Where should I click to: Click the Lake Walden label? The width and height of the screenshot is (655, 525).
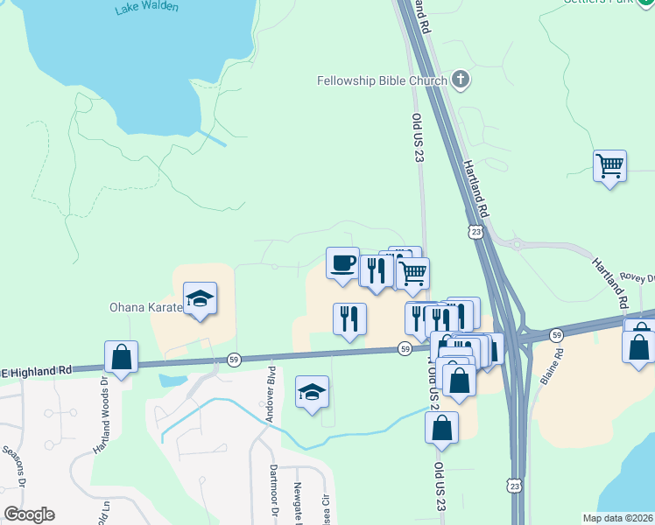146,8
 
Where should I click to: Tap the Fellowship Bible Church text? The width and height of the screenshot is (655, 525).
383,81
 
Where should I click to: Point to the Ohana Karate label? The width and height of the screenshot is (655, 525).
145,307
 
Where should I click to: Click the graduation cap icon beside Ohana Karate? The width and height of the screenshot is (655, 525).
200,298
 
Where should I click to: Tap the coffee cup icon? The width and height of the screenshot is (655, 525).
342,262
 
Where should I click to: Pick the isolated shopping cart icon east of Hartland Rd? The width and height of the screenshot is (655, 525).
609,164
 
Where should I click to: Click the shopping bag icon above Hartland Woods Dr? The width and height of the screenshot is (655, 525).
121,357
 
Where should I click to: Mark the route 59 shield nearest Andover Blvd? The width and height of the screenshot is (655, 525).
234,359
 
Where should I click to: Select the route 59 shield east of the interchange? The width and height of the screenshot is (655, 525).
556,334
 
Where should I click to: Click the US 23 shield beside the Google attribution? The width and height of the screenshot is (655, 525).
514,483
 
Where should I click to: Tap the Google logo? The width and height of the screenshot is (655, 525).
29,514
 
